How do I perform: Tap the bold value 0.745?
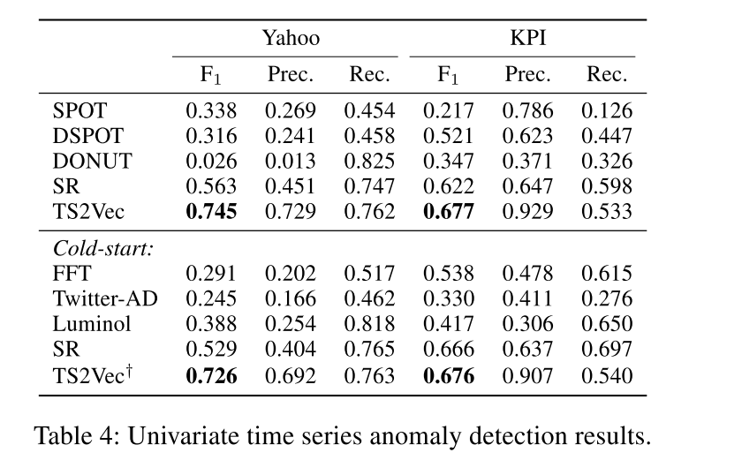point(210,212)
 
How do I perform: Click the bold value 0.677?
point(448,212)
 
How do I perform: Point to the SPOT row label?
point(79,111)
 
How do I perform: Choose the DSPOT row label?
point(88,136)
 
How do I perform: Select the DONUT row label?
point(93,162)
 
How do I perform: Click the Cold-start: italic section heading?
point(103,248)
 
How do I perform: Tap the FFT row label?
point(72,274)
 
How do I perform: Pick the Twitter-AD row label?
point(105,299)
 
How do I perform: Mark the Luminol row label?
point(92,325)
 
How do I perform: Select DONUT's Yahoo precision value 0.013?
point(290,162)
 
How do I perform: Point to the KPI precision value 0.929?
point(527,212)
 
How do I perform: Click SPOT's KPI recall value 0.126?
point(607,111)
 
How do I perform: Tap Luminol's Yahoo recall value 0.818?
point(369,325)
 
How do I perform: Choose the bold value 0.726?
point(210,376)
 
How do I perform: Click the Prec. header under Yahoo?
point(290,75)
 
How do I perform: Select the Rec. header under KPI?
point(607,75)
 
